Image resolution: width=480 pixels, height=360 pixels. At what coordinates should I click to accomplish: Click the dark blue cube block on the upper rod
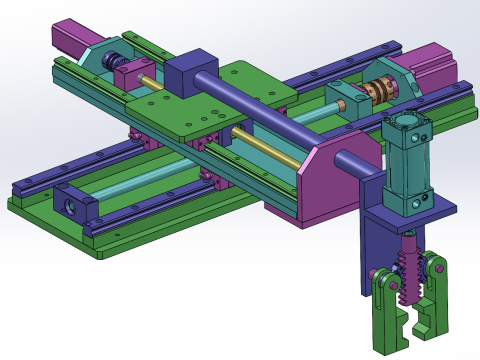point(184,75)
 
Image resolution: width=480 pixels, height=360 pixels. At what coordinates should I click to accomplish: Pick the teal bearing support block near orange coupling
point(345,101)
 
